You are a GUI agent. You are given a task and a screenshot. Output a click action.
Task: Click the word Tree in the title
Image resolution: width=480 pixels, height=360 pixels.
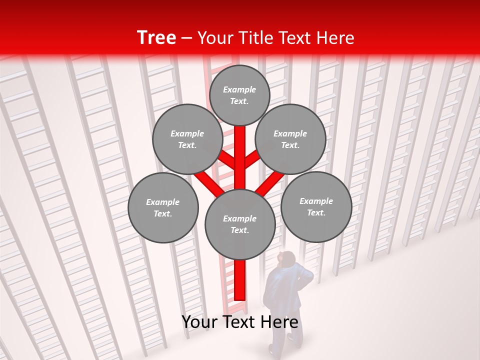(156, 37)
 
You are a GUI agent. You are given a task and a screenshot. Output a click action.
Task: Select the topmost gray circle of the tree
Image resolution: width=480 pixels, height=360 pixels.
(239, 95)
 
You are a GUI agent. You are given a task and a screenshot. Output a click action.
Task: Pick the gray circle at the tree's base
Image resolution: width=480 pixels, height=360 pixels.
(240, 224)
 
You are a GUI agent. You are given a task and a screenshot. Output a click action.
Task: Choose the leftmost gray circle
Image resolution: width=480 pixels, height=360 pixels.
(163, 208)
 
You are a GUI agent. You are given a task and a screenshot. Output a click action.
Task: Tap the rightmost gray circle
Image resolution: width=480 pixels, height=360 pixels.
(316, 207)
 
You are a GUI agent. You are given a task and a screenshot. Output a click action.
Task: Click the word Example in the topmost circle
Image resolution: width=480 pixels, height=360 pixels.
(239, 89)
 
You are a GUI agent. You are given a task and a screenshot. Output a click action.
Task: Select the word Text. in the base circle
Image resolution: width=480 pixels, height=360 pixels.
(239, 230)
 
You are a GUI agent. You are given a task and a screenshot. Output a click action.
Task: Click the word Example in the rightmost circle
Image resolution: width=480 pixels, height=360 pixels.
(316, 201)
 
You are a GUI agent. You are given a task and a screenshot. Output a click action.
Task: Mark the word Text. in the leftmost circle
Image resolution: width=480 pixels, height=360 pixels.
(162, 214)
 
